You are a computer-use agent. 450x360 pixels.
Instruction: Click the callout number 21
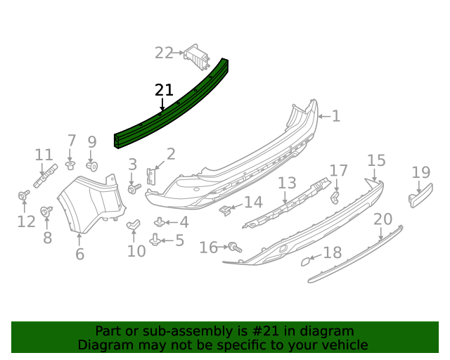coord(164,91)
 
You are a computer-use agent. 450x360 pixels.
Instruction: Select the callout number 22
coord(164,53)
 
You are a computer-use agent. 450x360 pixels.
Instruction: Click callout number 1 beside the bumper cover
coord(335,116)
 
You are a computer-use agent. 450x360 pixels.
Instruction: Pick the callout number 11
coord(44,155)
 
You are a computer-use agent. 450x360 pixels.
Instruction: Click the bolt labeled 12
coord(24,195)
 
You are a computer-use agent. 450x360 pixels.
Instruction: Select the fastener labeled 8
coord(47,210)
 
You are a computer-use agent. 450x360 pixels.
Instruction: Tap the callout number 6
coord(79,254)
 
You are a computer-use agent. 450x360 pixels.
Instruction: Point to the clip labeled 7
coord(70,165)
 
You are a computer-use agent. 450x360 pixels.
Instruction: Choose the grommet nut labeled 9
coord(92,166)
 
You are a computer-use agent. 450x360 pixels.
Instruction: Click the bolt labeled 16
coord(234,247)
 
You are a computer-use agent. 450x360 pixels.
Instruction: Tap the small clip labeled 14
coord(225,209)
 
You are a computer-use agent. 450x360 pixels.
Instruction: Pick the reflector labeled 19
coord(420,195)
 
